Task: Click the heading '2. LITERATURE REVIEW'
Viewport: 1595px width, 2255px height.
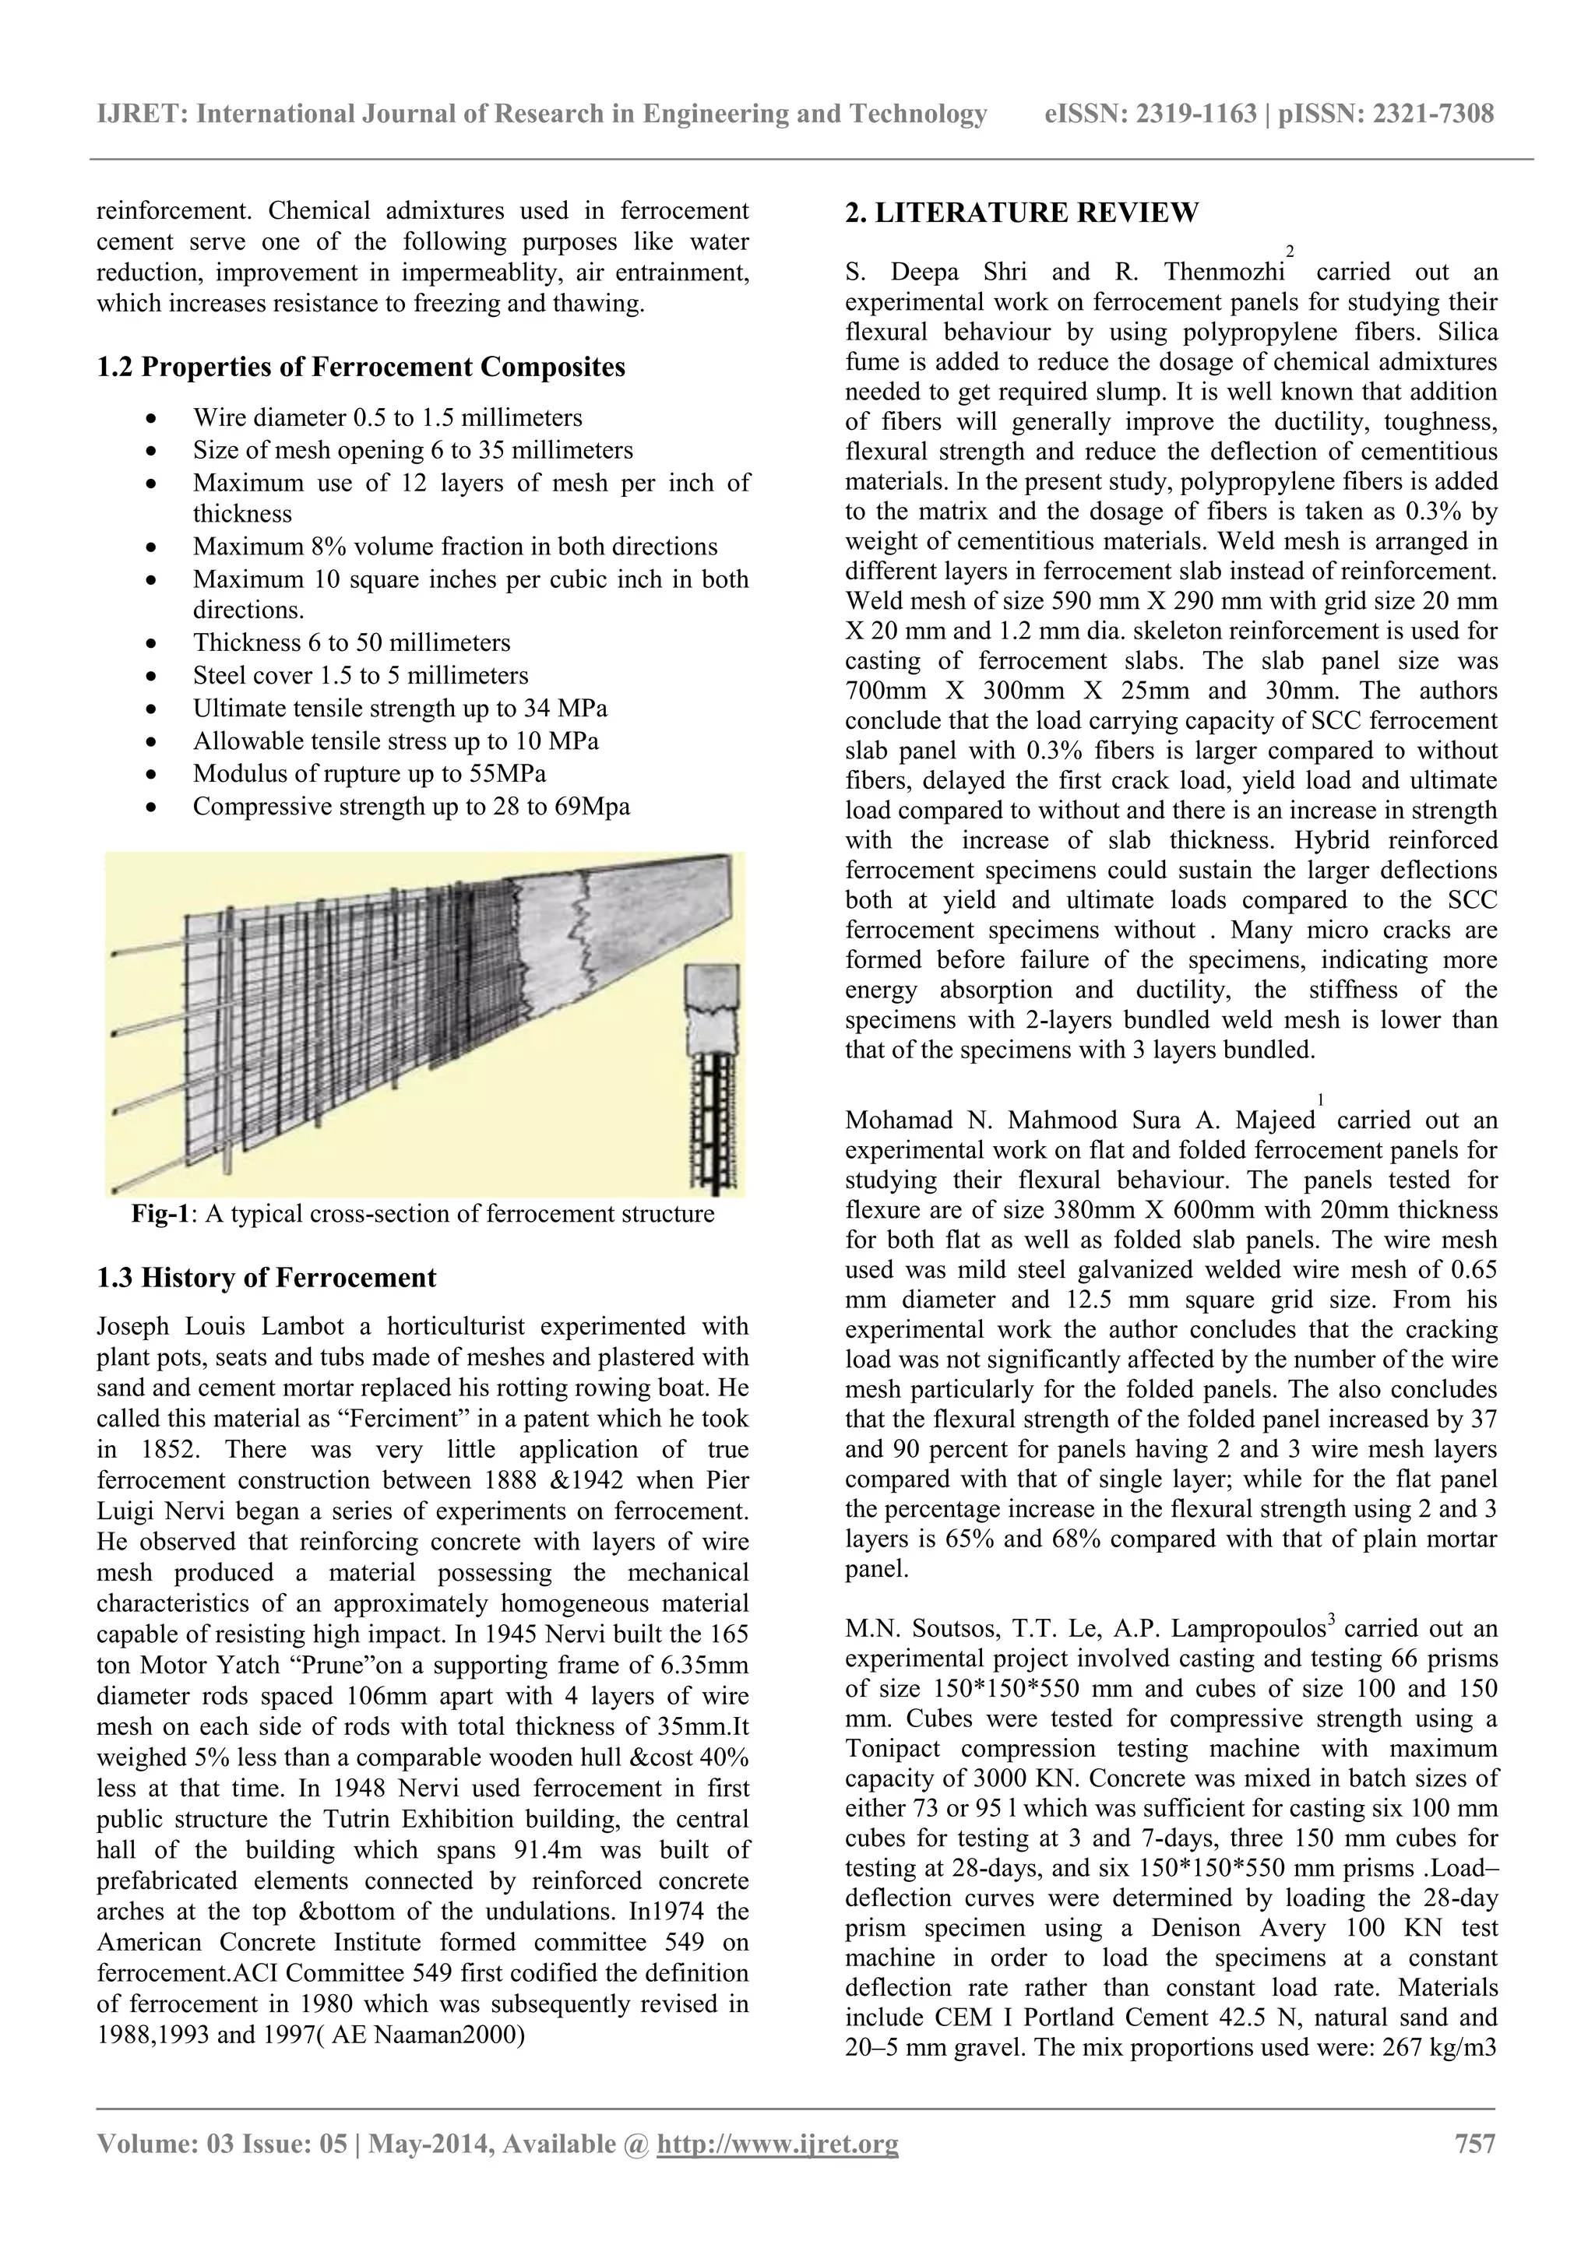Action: tap(1022, 213)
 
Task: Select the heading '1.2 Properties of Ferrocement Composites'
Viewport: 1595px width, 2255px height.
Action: tap(361, 368)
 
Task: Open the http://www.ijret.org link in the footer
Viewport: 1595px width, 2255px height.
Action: tap(777, 2143)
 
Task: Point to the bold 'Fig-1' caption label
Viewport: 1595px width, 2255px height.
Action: tap(159, 1214)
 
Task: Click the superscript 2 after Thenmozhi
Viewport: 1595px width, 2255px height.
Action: tap(1290, 252)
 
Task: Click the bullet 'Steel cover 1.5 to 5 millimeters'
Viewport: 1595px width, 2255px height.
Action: tap(361, 676)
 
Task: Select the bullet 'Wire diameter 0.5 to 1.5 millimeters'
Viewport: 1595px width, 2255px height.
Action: tap(387, 417)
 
